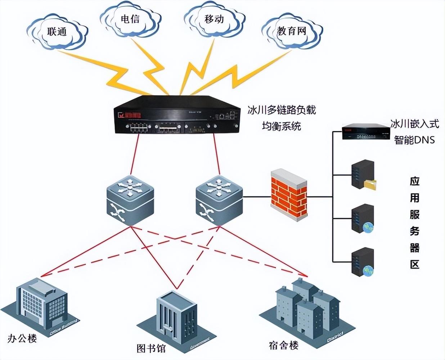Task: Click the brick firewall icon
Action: click(288, 194)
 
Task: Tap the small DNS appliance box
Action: click(366, 132)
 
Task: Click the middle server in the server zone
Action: click(363, 218)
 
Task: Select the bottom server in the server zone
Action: click(363, 262)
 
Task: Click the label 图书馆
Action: click(151, 348)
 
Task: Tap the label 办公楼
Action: click(22, 339)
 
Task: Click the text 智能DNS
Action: click(414, 140)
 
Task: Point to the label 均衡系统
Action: click(282, 126)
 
